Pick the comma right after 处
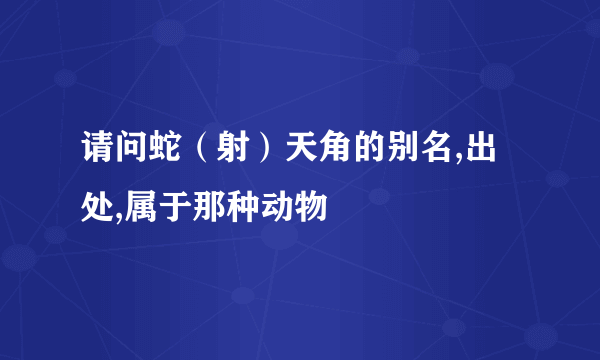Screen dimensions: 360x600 click(121, 215)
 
